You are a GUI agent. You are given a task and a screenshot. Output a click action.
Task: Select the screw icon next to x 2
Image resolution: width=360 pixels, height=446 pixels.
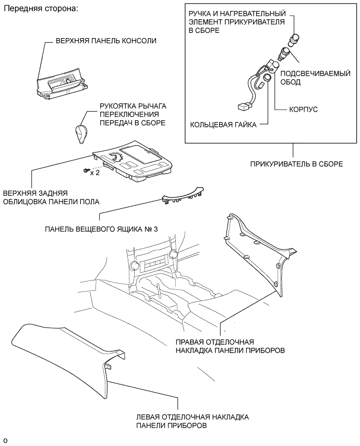tap(85, 170)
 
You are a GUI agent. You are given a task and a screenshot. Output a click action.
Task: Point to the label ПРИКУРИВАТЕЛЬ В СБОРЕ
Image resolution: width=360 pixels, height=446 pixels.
tap(296, 164)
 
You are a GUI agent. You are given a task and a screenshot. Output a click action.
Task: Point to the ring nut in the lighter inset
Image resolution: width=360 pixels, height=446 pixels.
tap(267, 78)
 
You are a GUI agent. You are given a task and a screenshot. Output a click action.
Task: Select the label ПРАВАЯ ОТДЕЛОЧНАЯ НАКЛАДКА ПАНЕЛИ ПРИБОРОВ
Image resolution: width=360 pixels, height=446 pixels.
tap(230, 346)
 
